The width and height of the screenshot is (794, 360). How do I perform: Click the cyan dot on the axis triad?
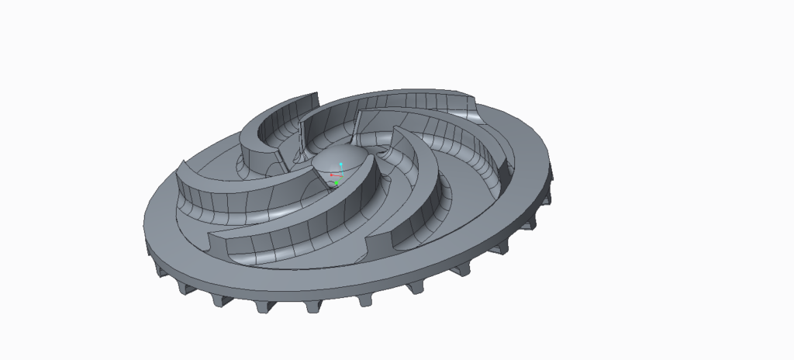click(x=341, y=164)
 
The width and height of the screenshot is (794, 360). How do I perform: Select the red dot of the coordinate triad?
click(x=332, y=176)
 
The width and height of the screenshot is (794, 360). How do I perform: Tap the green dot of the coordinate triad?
click(x=337, y=183)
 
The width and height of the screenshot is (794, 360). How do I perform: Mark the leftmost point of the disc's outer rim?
click(x=143, y=225)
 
